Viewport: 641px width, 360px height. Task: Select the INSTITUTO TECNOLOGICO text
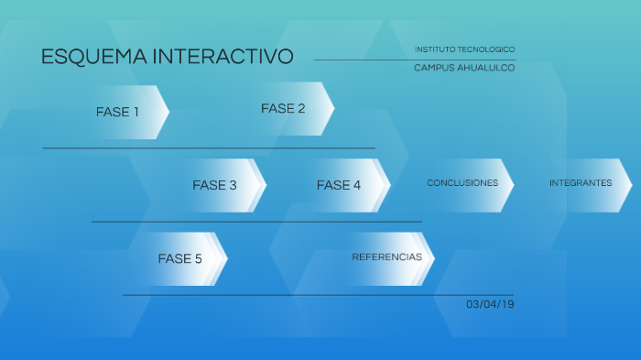(464, 49)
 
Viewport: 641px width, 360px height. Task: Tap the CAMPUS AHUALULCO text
(464, 68)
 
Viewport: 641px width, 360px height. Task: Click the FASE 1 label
(117, 113)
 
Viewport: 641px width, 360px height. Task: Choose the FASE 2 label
(283, 109)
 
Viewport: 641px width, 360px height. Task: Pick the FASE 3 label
(214, 185)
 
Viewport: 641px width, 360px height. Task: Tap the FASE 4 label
(339, 185)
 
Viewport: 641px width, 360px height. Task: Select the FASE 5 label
(179, 259)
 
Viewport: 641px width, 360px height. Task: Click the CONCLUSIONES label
(462, 183)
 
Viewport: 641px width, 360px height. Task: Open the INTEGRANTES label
(581, 183)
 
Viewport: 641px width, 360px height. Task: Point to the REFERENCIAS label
(387, 257)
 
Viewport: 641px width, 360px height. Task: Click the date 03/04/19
(490, 304)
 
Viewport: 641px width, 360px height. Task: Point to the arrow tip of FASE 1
(168, 112)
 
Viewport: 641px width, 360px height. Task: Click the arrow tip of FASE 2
(332, 109)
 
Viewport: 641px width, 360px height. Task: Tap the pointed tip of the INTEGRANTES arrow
(630, 184)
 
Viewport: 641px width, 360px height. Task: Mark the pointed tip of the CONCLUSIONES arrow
(513, 184)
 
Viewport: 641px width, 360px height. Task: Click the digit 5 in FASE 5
(198, 259)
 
